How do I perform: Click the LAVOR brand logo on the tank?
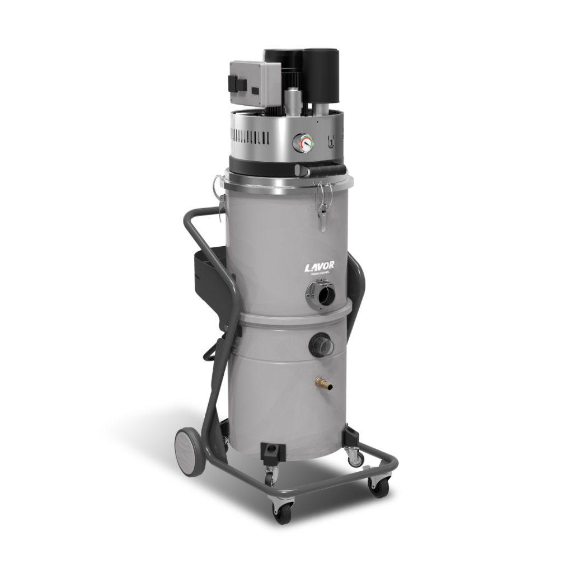click(x=318, y=267)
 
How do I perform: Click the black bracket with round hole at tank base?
click(x=272, y=450)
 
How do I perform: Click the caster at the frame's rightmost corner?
click(x=380, y=487)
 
